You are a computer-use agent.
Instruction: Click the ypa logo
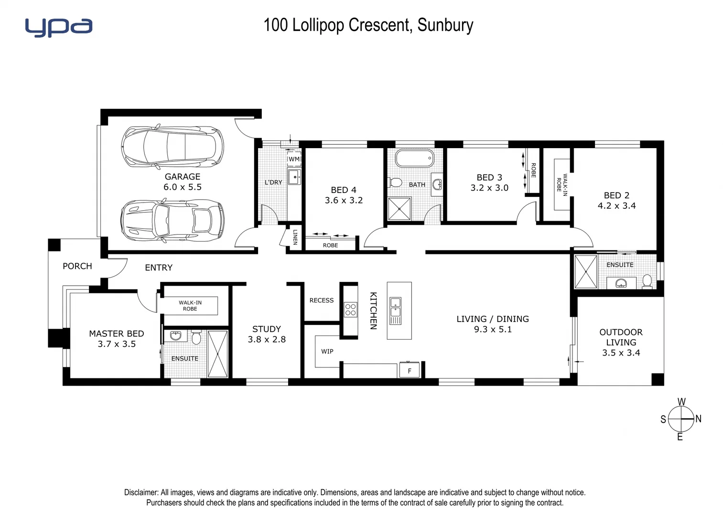58,27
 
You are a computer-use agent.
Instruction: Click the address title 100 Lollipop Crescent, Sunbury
368,25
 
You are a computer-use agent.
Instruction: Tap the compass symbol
680,419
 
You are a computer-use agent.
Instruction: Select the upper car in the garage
173,146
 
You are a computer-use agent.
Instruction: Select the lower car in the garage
173,220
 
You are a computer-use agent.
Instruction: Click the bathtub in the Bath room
414,158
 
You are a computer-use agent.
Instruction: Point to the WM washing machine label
294,159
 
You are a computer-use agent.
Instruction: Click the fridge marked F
410,370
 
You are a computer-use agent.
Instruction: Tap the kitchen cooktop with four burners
350,309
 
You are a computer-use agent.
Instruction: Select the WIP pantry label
327,352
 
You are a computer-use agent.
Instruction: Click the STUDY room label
266,329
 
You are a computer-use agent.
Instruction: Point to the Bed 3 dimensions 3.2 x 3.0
489,188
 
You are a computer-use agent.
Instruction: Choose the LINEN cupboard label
295,237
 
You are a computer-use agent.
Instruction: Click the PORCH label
77,266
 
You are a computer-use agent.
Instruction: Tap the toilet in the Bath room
395,183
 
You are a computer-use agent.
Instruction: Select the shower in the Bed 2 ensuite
585,271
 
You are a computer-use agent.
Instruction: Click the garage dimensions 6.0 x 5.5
183,187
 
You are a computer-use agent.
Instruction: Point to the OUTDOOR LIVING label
621,337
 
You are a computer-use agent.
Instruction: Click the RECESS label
321,301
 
